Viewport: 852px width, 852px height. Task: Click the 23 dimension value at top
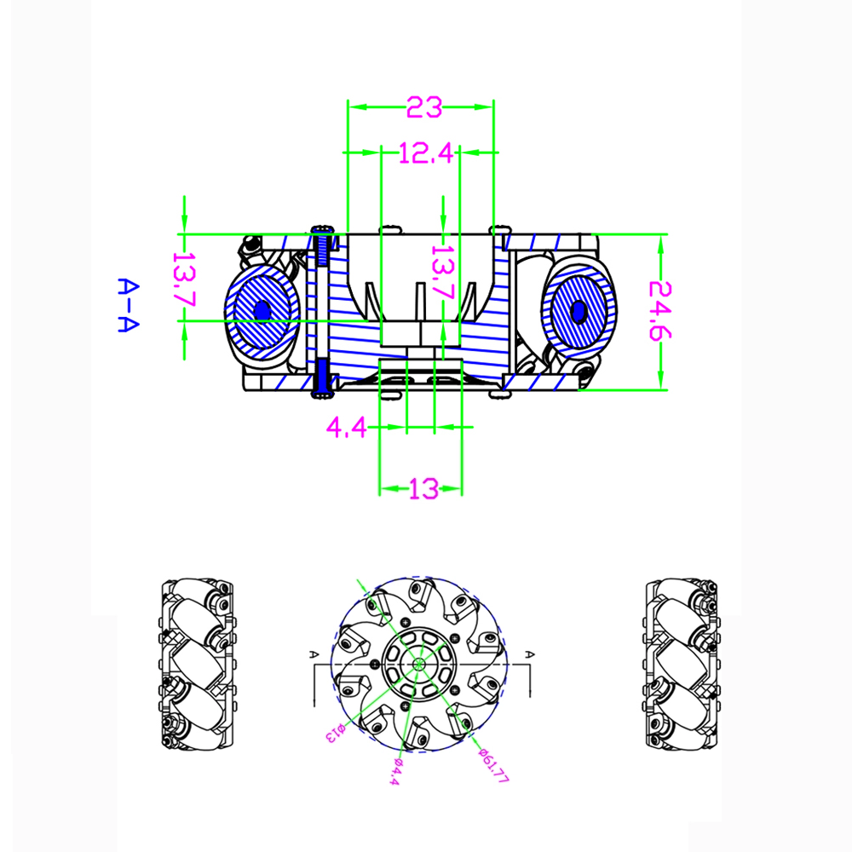pyautogui.click(x=424, y=108)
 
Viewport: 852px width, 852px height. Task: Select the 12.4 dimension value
pyautogui.click(x=423, y=153)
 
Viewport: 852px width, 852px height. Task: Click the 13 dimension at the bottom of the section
pyautogui.click(x=423, y=489)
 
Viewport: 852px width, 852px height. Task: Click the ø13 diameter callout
pyautogui.click(x=333, y=732)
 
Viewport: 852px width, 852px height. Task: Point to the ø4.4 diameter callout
pyautogui.click(x=393, y=771)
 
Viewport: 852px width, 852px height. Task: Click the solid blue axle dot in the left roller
pyautogui.click(x=262, y=311)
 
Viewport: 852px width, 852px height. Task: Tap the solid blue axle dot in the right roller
pyautogui.click(x=579, y=312)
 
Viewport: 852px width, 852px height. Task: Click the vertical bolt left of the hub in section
pyautogui.click(x=322, y=311)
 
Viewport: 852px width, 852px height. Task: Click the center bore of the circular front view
pyautogui.click(x=419, y=664)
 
